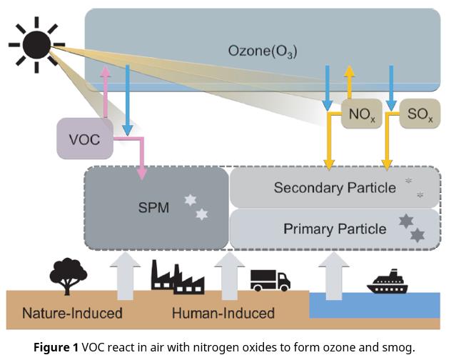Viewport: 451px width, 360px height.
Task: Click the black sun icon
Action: pyautogui.click(x=36, y=44)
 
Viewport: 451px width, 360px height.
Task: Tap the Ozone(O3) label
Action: pyautogui.click(x=262, y=51)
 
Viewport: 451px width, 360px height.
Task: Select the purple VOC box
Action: pyautogui.click(x=85, y=138)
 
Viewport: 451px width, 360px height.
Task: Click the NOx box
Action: pyautogui.click(x=362, y=113)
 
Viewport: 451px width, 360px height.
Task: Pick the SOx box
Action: pyautogui.click(x=419, y=113)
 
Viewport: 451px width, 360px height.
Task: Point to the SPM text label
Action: pyautogui.click(x=153, y=208)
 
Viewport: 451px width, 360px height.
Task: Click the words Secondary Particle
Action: pyautogui.click(x=334, y=188)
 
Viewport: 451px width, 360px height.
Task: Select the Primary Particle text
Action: pyautogui.click(x=334, y=229)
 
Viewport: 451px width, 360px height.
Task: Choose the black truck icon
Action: pyautogui.click(x=270, y=281)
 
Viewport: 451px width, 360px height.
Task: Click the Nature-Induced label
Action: pyautogui.click(x=72, y=313)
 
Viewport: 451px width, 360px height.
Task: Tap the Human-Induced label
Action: pyautogui.click(x=223, y=313)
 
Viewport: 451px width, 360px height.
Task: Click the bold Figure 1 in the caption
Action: pyautogui.click(x=56, y=348)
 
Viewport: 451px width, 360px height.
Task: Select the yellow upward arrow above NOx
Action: pyautogui.click(x=349, y=80)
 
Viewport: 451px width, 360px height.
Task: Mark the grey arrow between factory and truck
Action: pyautogui.click(x=229, y=275)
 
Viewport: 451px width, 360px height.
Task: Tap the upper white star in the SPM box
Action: pyautogui.click(x=190, y=200)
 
